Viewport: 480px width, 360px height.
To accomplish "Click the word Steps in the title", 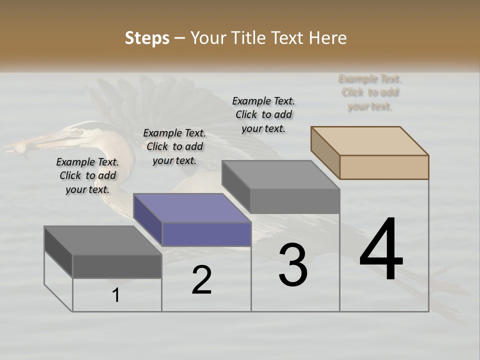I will click(147, 38).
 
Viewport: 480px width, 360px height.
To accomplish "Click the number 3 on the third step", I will click(293, 265).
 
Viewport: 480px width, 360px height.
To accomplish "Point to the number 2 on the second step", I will click(201, 280).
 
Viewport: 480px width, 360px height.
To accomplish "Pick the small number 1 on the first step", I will click(116, 295).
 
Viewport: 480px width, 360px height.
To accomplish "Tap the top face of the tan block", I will click(370, 140).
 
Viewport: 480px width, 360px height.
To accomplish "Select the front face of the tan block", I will click(384, 167).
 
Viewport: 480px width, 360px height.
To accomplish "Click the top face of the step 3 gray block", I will click(281, 175).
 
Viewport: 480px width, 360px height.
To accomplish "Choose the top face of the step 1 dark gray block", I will click(103, 240).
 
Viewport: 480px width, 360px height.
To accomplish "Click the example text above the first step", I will click(87, 175).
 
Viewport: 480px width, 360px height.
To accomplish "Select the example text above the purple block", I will click(174, 146).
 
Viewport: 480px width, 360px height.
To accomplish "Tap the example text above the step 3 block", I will click(263, 114).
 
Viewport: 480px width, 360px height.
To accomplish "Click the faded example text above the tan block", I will click(370, 92).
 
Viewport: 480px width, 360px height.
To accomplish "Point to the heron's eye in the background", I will click(78, 132).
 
